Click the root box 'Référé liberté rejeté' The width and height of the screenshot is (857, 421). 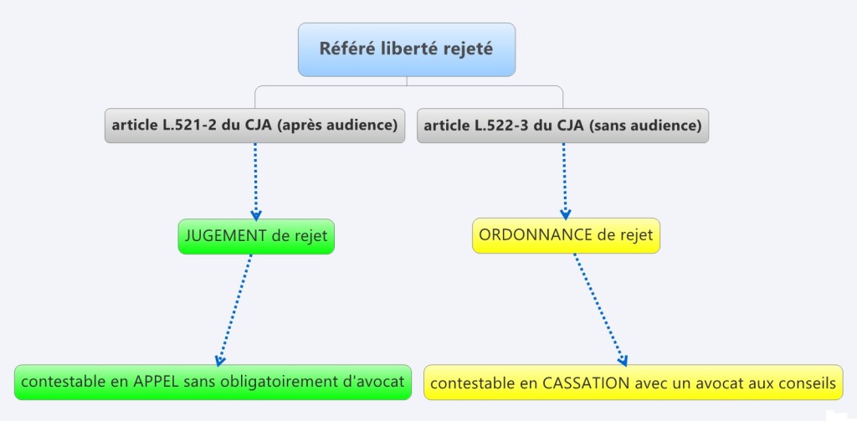pos(406,49)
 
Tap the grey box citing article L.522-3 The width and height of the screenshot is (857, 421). pos(562,126)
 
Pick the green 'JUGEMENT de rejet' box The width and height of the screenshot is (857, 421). pos(255,236)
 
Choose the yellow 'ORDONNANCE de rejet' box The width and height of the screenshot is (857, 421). pos(566,235)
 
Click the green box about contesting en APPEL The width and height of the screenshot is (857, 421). pos(213,382)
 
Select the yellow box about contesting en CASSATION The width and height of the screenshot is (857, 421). pos(633,383)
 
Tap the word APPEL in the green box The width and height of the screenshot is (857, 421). pos(153,382)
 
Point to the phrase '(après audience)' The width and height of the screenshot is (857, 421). pos(336,126)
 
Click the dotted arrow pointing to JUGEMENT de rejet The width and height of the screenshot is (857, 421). pos(255,180)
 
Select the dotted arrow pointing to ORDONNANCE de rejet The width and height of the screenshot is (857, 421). pos(564,180)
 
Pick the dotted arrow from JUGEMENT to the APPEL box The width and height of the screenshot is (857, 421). pos(235,310)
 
